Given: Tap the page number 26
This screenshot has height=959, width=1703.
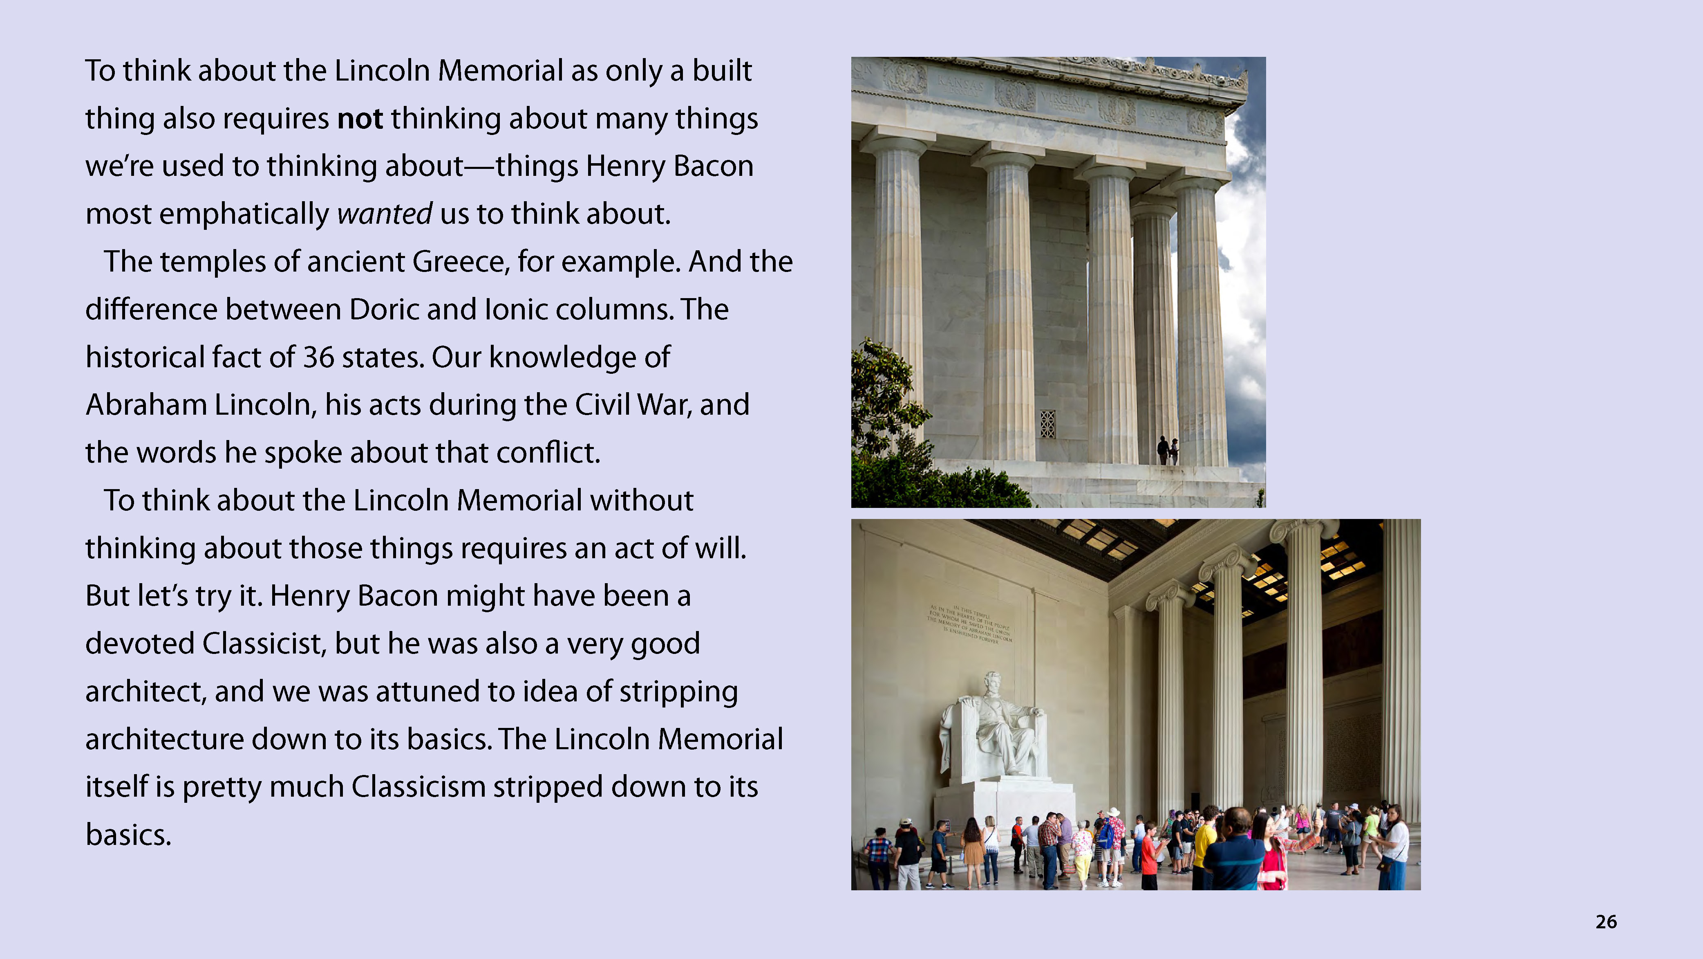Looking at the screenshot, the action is click(1606, 922).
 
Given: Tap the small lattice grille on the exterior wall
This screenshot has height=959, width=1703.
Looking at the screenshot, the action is click(1048, 424).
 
